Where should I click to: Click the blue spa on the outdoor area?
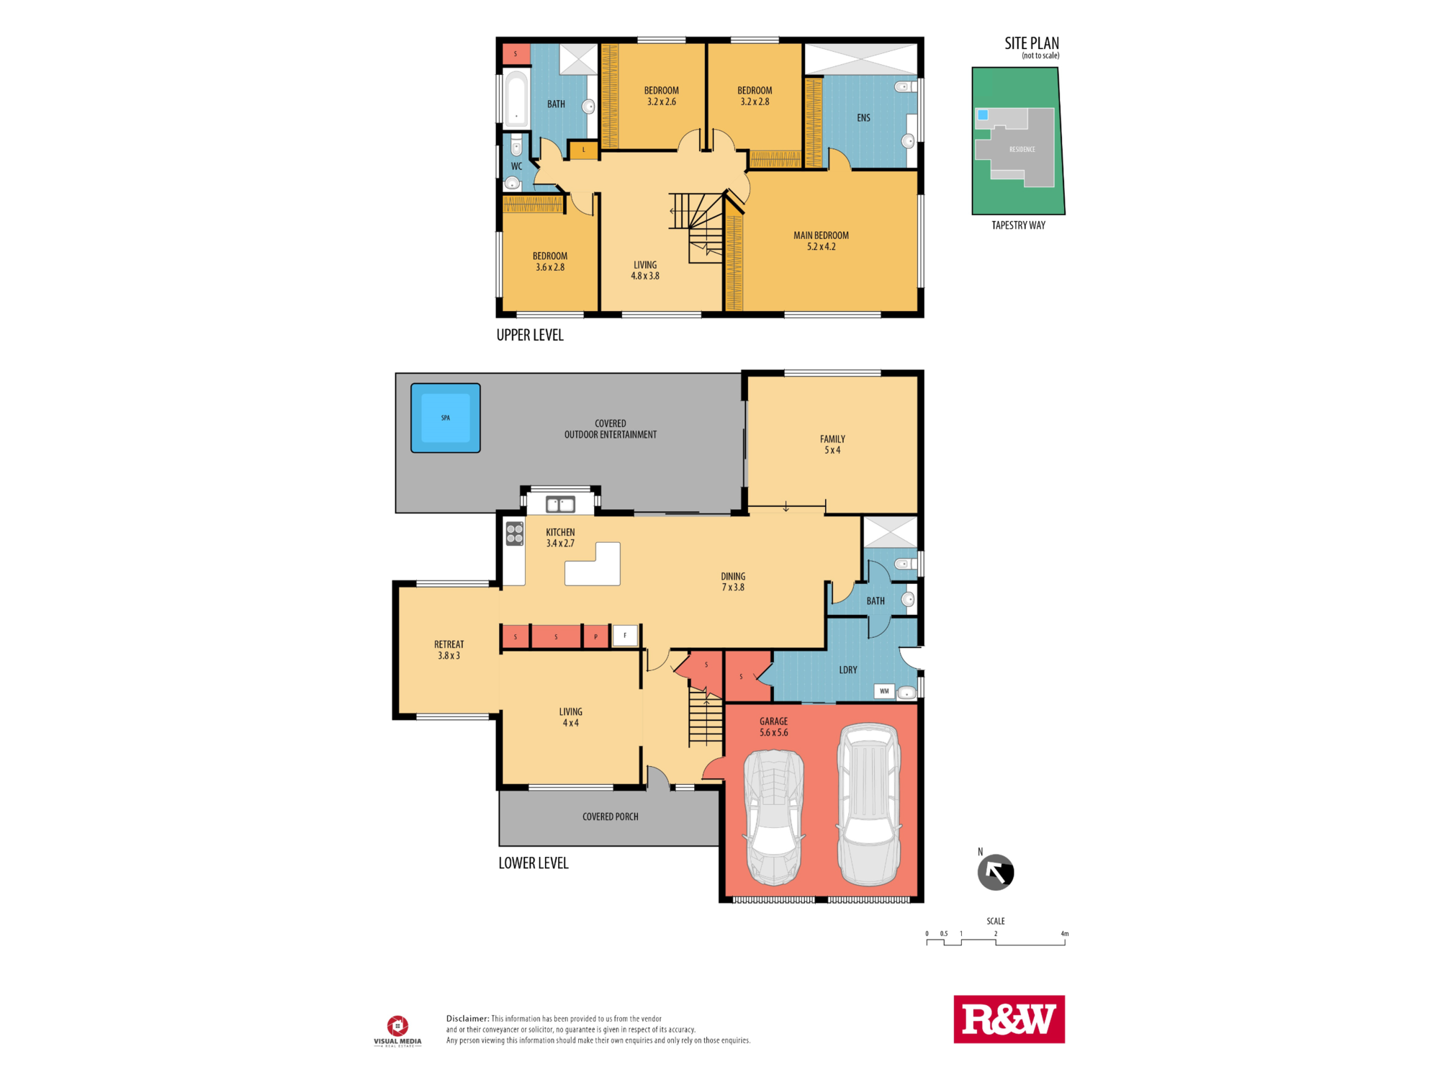pyautogui.click(x=446, y=418)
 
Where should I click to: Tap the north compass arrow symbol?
pyautogui.click(x=995, y=873)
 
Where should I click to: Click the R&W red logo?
pyautogui.click(x=1009, y=1019)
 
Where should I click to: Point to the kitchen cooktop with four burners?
pyautogui.click(x=515, y=534)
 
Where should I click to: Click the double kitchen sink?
pyautogui.click(x=560, y=504)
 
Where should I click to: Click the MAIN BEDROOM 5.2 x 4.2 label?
pyautogui.click(x=821, y=241)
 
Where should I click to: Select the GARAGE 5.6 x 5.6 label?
pyautogui.click(x=773, y=726)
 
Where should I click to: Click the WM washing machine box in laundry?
pyautogui.click(x=884, y=691)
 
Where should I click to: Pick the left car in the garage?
pyautogui.click(x=774, y=817)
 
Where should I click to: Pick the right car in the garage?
pyautogui.click(x=869, y=804)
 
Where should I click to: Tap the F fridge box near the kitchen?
pyautogui.click(x=625, y=636)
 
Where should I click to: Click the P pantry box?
pyautogui.click(x=595, y=637)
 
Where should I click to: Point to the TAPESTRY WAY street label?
pyautogui.click(x=1018, y=225)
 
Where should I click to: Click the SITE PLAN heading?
pyautogui.click(x=1031, y=44)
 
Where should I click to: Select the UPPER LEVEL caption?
pyautogui.click(x=530, y=336)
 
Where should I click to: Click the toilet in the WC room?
pyautogui.click(x=516, y=148)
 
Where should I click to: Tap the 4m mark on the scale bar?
pyautogui.click(x=1064, y=935)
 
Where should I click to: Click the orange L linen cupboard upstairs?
pyautogui.click(x=584, y=150)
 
